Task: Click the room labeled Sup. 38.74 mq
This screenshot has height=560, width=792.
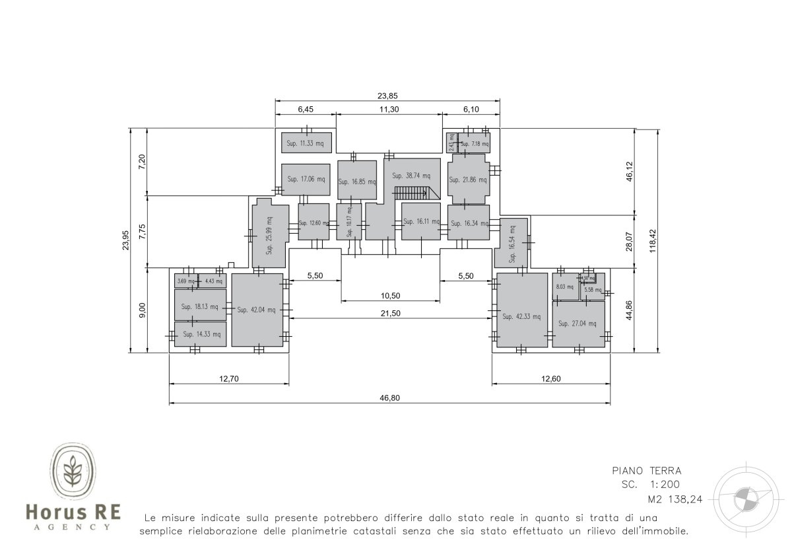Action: [411, 176]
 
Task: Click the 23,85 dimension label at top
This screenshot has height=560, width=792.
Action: [387, 94]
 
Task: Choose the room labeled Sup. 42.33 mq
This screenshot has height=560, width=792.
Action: [521, 316]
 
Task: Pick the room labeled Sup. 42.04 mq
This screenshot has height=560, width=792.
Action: [257, 310]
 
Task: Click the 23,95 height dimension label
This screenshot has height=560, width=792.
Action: [125, 240]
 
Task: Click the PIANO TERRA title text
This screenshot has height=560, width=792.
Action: [646, 471]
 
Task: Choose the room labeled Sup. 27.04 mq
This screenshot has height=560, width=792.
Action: [577, 324]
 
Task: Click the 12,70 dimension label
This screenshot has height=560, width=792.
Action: [228, 378]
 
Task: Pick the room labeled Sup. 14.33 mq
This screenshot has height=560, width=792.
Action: [200, 334]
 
